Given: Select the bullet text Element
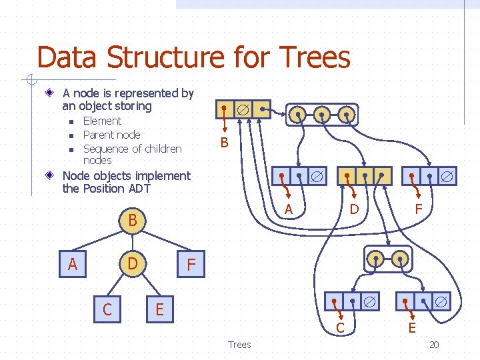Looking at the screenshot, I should click(x=102, y=121).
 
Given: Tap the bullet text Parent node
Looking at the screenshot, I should click(x=111, y=135).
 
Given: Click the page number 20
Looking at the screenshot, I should click(x=434, y=345).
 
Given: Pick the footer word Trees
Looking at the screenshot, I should click(x=239, y=345).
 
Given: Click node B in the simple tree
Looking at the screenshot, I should click(x=132, y=220).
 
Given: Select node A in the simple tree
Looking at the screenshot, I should click(x=73, y=265).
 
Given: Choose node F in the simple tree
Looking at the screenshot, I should click(x=191, y=265).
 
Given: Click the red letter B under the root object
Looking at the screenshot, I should click(x=224, y=142).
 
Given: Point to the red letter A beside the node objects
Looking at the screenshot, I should click(x=289, y=209).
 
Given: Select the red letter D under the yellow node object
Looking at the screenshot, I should click(x=355, y=209).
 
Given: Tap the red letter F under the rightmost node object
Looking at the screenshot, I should click(x=419, y=209).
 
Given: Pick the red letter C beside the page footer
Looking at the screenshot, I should click(x=340, y=327).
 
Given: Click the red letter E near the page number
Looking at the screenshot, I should click(x=412, y=327).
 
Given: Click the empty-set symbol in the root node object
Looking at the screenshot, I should click(x=243, y=109).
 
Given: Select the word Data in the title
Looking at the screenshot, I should click(x=66, y=57).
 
